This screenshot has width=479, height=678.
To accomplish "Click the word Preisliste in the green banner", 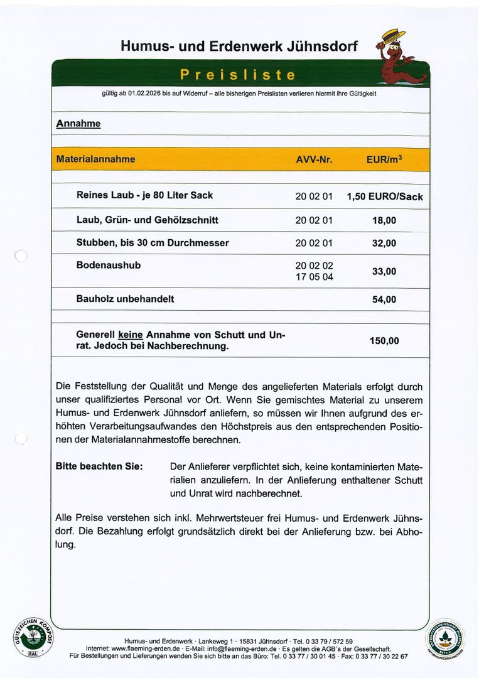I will pyautogui.click(x=237, y=75).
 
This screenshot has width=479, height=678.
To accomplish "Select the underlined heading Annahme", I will pyautogui.click(x=78, y=124).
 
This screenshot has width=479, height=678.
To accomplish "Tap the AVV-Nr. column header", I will pyautogui.click(x=314, y=159).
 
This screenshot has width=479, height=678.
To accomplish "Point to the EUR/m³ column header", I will pyautogui.click(x=384, y=159).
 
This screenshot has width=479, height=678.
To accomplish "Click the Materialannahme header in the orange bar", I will pyautogui.click(x=95, y=159).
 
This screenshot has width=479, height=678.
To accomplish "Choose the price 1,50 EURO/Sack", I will pyautogui.click(x=384, y=196).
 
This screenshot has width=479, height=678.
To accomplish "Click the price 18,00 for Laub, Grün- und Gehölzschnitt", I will pyautogui.click(x=384, y=220).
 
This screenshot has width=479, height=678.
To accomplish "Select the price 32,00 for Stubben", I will pyautogui.click(x=384, y=244).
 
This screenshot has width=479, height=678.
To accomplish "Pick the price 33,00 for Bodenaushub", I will pyautogui.click(x=384, y=271).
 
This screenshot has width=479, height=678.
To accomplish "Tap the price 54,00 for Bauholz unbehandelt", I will pyautogui.click(x=384, y=299).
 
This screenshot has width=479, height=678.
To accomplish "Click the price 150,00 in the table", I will pyautogui.click(x=384, y=341).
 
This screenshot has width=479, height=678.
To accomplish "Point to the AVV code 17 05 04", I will pyautogui.click(x=314, y=277).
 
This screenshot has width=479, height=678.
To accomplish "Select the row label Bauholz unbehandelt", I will pyautogui.click(x=125, y=299).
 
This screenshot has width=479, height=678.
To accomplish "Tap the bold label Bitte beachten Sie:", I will pyautogui.click(x=99, y=466).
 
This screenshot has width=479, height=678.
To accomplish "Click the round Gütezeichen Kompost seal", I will pyautogui.click(x=34, y=637).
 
